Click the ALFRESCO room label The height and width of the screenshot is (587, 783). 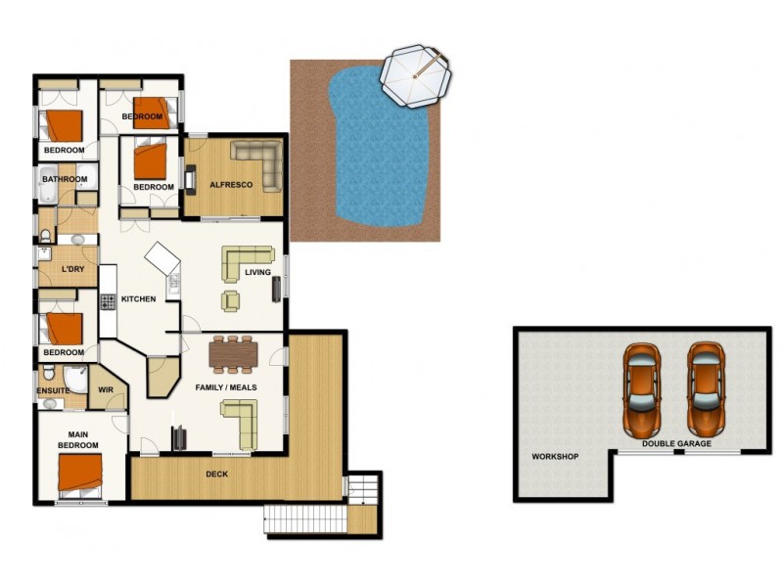click(232, 185)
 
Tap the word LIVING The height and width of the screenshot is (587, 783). click(257, 273)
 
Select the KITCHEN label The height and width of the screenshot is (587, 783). click(139, 298)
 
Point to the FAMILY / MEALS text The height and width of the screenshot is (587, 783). click(226, 386)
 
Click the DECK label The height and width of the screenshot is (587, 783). click(217, 474)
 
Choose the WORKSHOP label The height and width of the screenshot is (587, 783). click(555, 457)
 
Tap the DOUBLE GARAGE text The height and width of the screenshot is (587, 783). click(676, 443)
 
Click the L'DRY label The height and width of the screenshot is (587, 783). click(71, 269)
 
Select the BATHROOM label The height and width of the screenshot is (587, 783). click(65, 179)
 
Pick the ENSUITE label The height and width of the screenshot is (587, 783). click(54, 390)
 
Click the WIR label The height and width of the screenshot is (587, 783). click(106, 390)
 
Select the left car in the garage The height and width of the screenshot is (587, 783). click(642, 388)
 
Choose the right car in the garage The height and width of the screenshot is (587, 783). click(705, 388)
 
